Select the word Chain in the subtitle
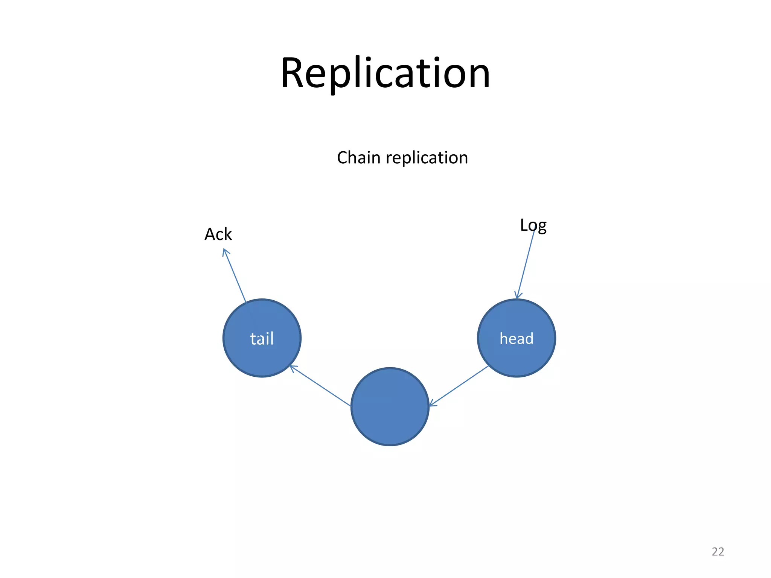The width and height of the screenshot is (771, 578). click(358, 158)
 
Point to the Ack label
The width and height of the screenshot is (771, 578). click(218, 234)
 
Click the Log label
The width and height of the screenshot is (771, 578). click(533, 226)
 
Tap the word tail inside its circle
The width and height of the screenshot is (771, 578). click(262, 339)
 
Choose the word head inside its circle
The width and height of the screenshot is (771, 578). click(517, 339)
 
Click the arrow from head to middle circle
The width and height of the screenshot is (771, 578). click(459, 386)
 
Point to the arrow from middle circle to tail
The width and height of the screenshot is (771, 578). click(320, 386)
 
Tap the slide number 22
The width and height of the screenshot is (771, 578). click(718, 552)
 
